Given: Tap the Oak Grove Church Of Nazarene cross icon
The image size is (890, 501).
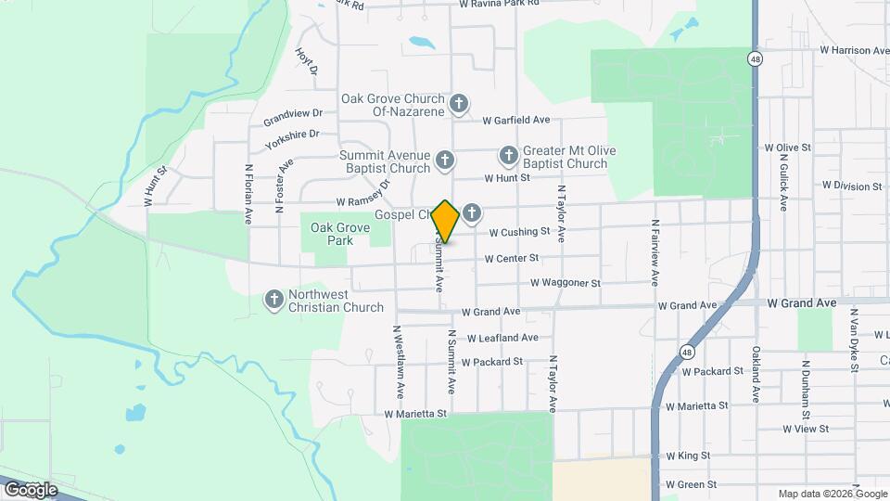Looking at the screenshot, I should click(458, 104).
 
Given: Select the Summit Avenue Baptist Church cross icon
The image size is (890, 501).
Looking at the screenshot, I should click(444, 161).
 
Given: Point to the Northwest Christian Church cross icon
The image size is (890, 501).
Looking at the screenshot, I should click(273, 300).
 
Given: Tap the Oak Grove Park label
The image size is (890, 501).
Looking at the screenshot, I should click(332, 233).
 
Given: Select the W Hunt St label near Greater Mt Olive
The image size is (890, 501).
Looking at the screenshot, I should click(507, 177).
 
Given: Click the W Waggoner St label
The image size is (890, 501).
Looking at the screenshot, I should click(566, 283).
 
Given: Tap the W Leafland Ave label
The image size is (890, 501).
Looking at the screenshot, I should click(502, 339).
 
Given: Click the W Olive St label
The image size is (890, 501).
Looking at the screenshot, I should click(787, 148).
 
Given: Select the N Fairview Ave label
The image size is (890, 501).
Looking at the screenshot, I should click(655, 251).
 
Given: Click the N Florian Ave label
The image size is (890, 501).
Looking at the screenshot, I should click(248, 194).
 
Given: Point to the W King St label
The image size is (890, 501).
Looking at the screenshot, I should click(688, 456).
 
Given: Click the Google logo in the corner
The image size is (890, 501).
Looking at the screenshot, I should click(32, 489).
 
